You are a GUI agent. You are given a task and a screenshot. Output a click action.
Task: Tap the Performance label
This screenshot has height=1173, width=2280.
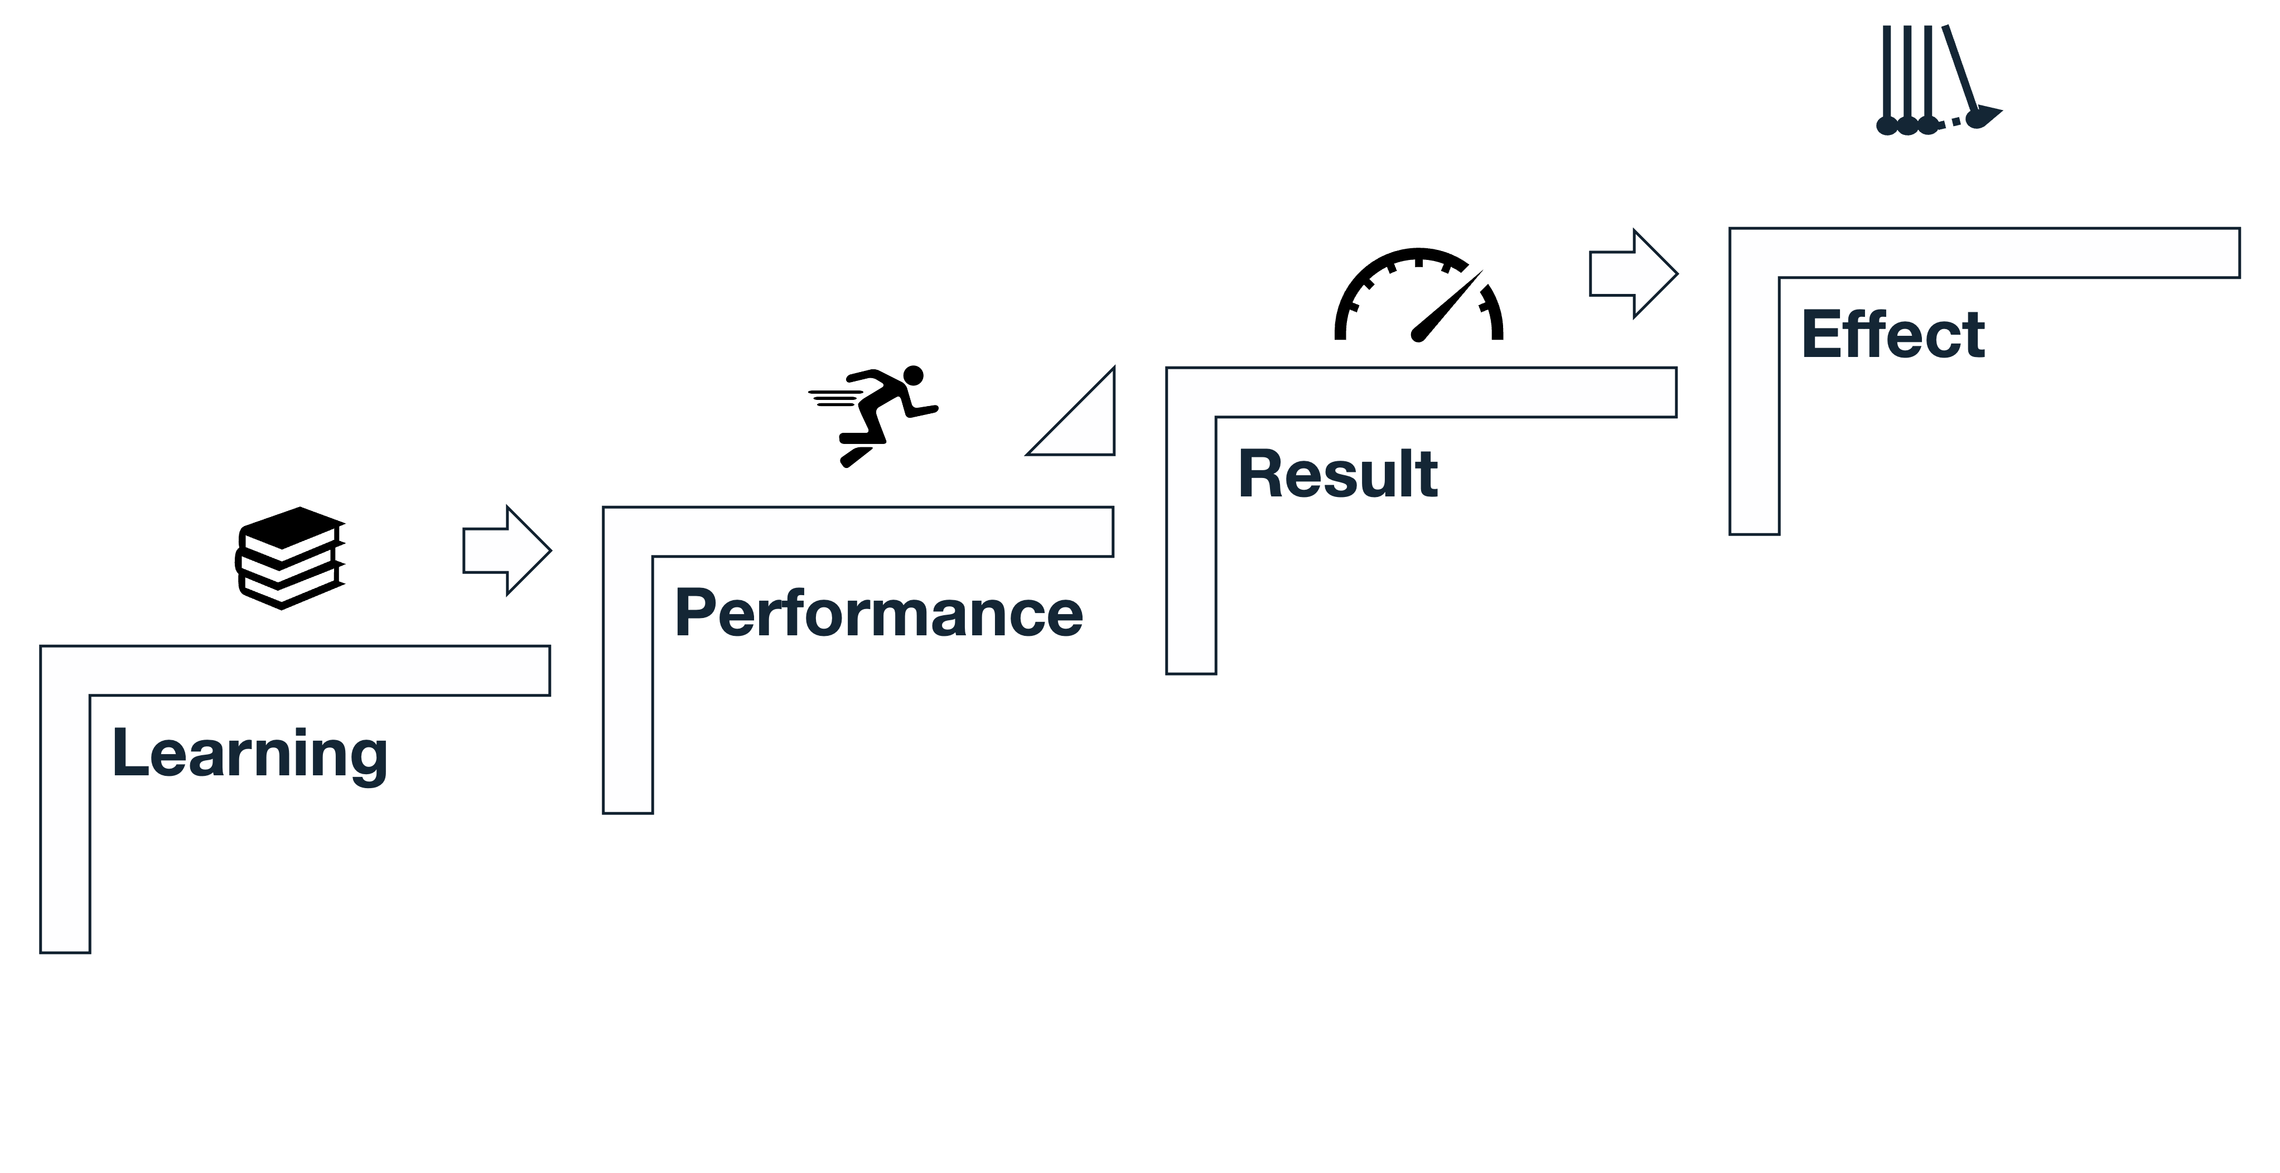[878, 612]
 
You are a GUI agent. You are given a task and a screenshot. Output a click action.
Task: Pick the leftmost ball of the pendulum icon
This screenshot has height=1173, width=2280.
[1886, 125]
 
